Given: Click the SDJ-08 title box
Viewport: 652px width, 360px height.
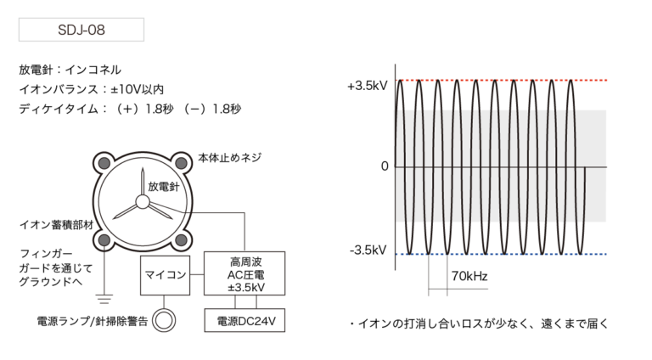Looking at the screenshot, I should [81, 29].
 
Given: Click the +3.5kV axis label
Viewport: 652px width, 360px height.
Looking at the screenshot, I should [367, 86].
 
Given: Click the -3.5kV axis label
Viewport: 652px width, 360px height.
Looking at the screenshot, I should [368, 250].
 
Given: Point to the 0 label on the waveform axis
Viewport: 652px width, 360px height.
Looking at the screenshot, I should [385, 166].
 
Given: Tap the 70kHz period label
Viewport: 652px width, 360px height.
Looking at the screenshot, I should [469, 275].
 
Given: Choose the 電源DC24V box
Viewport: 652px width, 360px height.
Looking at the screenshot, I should [245, 319].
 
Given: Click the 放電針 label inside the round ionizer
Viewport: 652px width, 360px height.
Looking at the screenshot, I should [164, 185].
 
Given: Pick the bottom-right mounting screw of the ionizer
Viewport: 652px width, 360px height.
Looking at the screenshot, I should [181, 240].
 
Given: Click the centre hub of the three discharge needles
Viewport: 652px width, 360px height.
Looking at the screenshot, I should [142, 202].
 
